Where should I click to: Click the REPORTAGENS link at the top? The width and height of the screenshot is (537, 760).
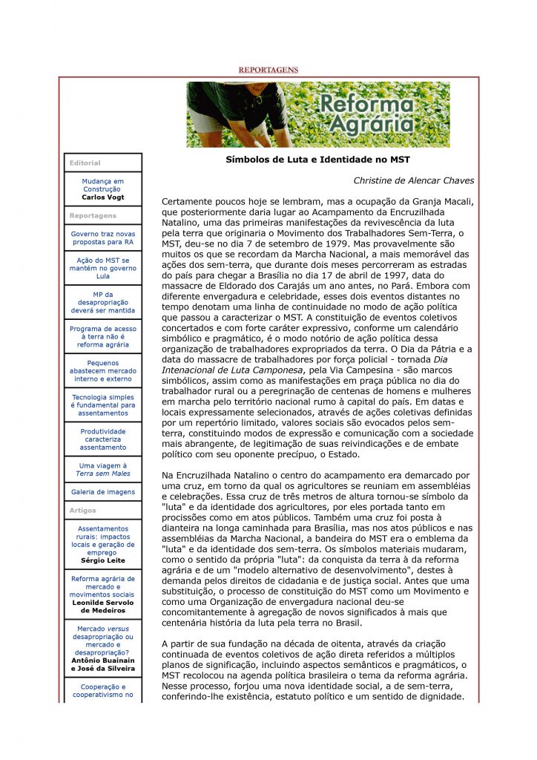tap(268, 70)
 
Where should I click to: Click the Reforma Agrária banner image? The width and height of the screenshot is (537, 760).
tap(317, 114)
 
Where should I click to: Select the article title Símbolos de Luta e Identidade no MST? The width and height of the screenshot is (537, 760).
tap(317, 160)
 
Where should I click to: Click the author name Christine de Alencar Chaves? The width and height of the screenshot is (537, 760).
tap(413, 180)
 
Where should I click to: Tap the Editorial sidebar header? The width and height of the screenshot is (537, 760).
tap(85, 163)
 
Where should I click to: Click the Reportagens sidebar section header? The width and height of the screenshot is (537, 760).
tap(93, 215)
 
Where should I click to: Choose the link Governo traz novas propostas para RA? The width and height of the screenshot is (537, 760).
tap(103, 237)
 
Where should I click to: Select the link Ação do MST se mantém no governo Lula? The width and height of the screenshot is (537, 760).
tap(103, 268)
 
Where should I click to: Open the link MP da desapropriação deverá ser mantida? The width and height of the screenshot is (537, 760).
tap(103, 302)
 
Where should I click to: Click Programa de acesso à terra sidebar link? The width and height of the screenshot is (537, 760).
tap(103, 336)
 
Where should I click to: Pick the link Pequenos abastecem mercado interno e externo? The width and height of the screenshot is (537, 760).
tap(103, 370)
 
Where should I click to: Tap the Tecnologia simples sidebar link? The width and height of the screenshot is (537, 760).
tap(103, 404)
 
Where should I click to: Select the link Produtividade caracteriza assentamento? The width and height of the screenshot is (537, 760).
tap(103, 439)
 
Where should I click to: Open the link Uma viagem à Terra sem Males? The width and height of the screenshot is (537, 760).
tap(103, 469)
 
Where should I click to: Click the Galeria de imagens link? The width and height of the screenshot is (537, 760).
tap(103, 491)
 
